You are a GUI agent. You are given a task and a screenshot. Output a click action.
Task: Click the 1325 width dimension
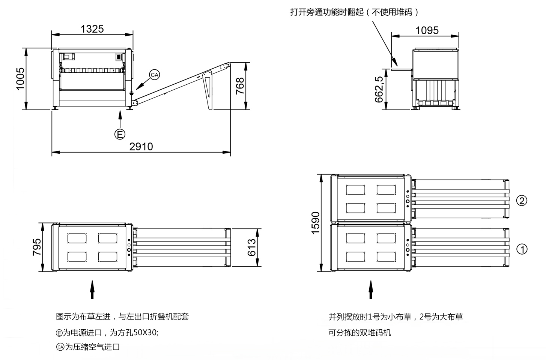point(92,28)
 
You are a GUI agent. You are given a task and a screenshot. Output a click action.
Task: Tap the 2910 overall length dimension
point(141,146)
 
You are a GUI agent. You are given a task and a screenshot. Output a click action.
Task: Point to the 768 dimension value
point(240,86)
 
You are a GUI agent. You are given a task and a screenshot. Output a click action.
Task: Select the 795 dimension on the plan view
point(37,247)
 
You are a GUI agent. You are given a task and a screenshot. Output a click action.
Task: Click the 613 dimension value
point(251,247)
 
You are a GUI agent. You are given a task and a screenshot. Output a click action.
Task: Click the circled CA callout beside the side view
point(155,75)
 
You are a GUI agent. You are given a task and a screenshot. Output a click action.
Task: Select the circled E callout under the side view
point(120,134)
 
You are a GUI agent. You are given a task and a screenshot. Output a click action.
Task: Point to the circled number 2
point(522,201)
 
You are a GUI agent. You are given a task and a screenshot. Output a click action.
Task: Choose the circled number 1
point(522,249)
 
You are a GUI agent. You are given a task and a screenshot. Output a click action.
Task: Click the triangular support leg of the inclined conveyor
point(208,90)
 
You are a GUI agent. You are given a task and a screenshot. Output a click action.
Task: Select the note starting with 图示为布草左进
point(122,316)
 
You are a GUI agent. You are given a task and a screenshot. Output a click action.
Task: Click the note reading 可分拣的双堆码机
point(359,333)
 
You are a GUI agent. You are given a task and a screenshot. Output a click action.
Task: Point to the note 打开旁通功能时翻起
point(354,12)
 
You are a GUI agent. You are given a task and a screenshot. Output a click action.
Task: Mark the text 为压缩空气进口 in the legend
point(92,347)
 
